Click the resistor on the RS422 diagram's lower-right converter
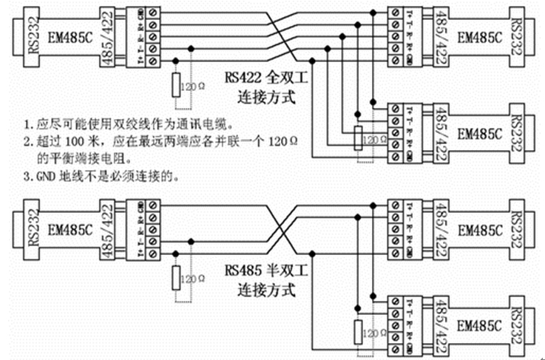click(x=359, y=137)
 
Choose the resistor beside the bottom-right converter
click(x=359, y=331)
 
